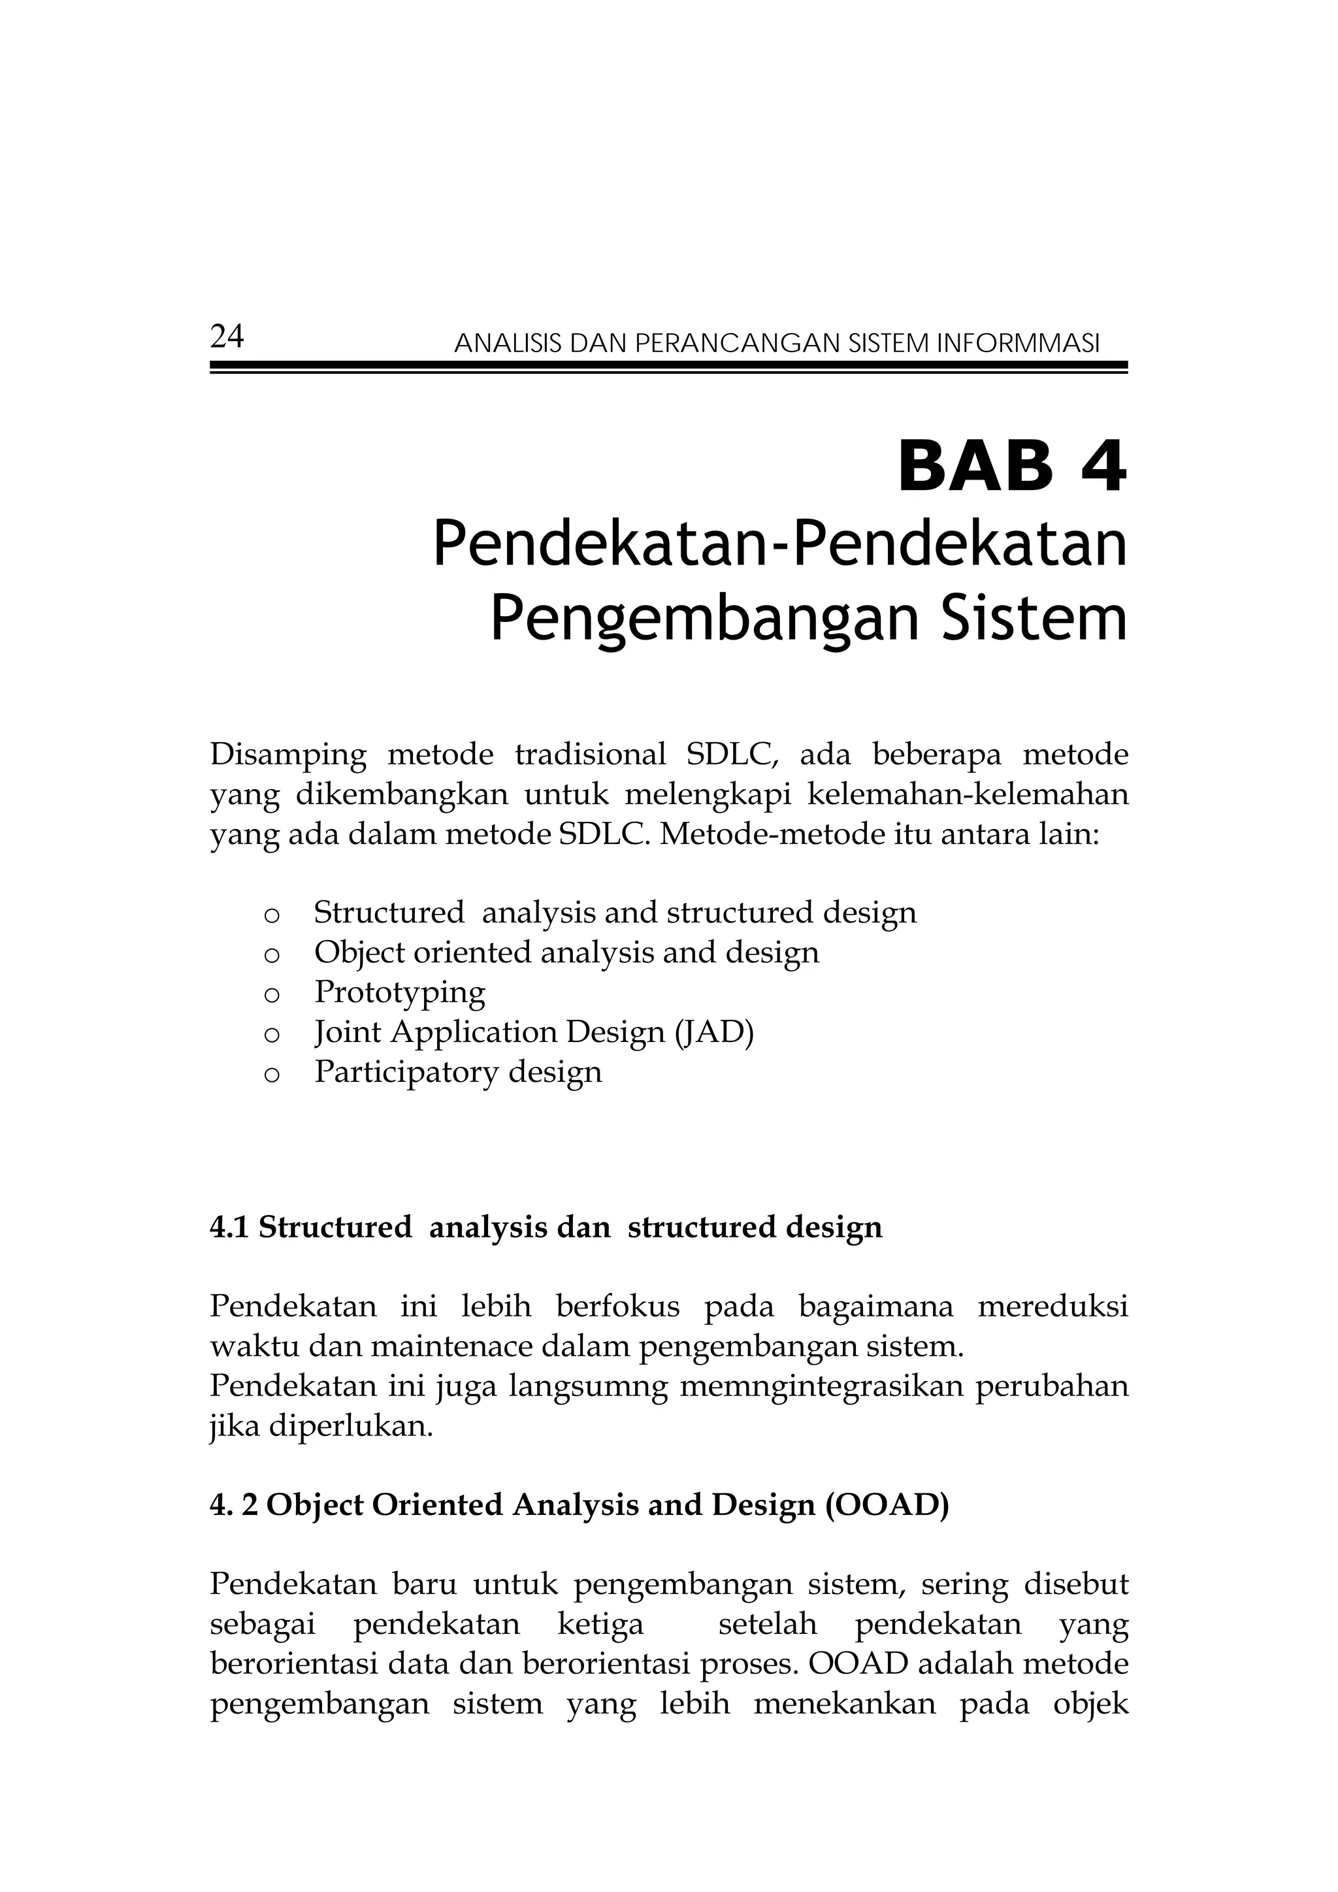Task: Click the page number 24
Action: (227, 337)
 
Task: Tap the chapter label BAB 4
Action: (1012, 468)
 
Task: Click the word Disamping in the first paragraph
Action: (288, 755)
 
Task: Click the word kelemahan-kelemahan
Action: (968, 795)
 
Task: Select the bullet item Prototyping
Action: (400, 992)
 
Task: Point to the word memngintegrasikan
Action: (819, 1387)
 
